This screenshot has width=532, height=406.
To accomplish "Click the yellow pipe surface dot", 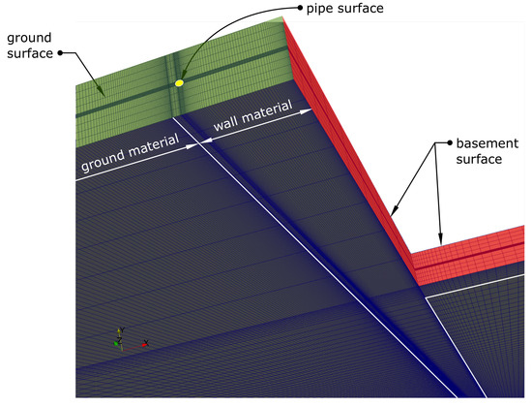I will (179, 83).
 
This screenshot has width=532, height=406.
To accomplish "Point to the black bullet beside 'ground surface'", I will (61, 54).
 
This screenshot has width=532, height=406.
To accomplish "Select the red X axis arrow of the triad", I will (145, 342).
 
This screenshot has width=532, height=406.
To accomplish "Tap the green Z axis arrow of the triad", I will (116, 343).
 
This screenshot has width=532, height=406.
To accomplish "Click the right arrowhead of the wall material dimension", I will (311, 111).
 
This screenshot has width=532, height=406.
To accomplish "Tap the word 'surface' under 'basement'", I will (480, 160).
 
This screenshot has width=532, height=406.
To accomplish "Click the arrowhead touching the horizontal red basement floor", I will (440, 242).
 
